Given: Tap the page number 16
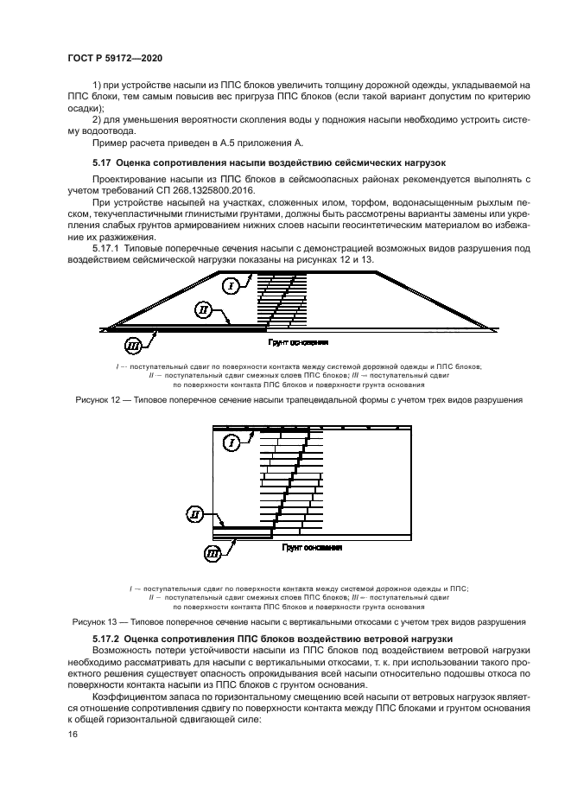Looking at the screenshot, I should pos(73,735).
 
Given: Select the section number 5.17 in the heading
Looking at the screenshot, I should pos(102,162).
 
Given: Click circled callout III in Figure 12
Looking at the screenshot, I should pos(134,347).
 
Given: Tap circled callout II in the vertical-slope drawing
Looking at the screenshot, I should pos(197,516).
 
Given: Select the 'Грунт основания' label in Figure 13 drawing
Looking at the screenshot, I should pos(312,548).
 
